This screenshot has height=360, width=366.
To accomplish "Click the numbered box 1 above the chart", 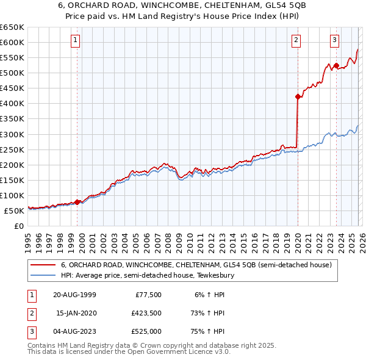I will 75,41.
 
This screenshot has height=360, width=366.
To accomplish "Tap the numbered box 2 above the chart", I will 296,41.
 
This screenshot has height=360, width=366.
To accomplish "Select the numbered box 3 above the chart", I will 335,41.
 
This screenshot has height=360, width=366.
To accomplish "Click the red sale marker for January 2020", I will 298,96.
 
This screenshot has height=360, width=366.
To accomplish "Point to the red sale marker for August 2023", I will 336,65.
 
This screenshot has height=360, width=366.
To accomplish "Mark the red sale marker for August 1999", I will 77,202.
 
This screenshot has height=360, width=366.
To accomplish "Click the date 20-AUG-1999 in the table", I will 74,295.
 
